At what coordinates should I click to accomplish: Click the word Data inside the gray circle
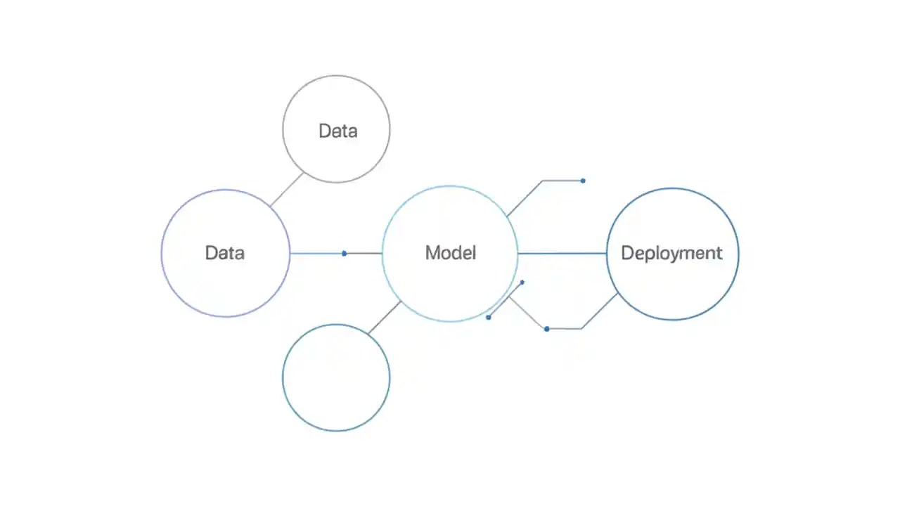tap(337, 131)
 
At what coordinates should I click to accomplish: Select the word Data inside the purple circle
tap(225, 253)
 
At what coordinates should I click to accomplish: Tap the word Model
tap(450, 253)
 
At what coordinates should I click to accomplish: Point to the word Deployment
tap(671, 253)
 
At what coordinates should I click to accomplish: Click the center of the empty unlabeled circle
tap(336, 377)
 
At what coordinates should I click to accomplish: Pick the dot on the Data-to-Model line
tap(344, 253)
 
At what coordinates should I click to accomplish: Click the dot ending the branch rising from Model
tap(583, 181)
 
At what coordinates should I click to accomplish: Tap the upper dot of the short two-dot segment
tap(522, 283)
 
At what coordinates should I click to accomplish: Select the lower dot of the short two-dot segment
tap(489, 318)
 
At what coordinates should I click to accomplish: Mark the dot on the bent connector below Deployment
tap(547, 329)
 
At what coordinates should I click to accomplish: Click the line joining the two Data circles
tap(287, 190)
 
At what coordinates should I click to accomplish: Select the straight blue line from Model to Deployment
tap(562, 253)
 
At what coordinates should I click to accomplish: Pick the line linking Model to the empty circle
tap(385, 317)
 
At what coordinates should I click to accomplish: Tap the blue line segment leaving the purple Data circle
tap(316, 253)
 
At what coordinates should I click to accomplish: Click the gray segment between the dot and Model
tap(364, 253)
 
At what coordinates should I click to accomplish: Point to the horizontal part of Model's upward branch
tap(562, 181)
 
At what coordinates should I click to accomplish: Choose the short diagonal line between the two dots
tap(505, 300)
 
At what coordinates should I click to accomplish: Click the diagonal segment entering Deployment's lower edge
tap(600, 311)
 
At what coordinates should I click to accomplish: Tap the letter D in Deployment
tap(628, 253)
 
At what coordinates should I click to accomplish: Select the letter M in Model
tap(432, 253)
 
